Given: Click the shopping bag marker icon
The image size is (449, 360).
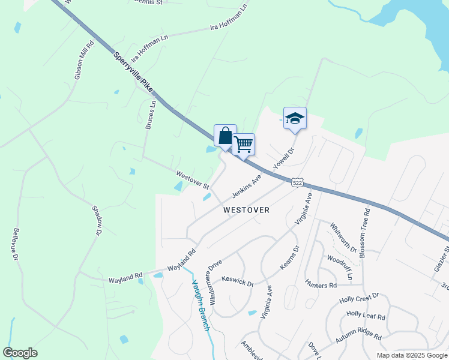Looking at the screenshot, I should (225, 136).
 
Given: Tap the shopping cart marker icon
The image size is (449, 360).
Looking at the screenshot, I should (243, 144).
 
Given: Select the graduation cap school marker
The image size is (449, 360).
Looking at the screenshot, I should (295, 118).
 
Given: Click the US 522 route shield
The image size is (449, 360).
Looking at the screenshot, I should (298, 182).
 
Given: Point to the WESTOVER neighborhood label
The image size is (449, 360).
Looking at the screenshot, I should (246, 210).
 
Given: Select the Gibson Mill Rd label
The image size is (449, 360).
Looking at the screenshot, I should (85, 60).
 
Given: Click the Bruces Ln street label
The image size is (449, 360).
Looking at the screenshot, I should (151, 115).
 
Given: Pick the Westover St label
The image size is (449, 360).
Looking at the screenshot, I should (192, 178).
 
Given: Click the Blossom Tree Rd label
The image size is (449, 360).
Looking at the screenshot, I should (364, 234).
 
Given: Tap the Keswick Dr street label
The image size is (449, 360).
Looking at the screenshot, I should (238, 280).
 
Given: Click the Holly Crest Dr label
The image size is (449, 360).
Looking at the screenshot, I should (359, 298).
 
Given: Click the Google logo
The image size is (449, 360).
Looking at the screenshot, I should (20, 353).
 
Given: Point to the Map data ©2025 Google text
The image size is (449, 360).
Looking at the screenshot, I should (411, 355).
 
